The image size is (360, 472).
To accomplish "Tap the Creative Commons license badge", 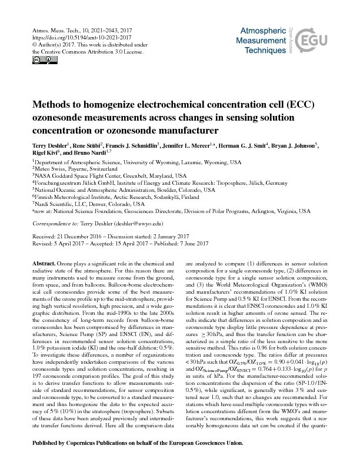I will coord(37,60).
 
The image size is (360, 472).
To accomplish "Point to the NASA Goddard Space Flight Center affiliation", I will coord(109,176).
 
